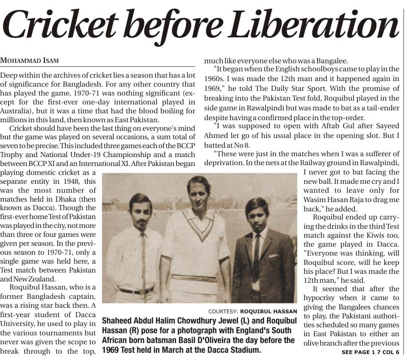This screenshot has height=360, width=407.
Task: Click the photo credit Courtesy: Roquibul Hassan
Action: tap(253, 311)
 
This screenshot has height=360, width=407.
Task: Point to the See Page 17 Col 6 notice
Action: tap(371, 352)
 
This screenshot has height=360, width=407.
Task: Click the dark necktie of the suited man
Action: tap(256, 255)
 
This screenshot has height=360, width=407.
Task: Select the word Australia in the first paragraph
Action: tap(17, 111)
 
